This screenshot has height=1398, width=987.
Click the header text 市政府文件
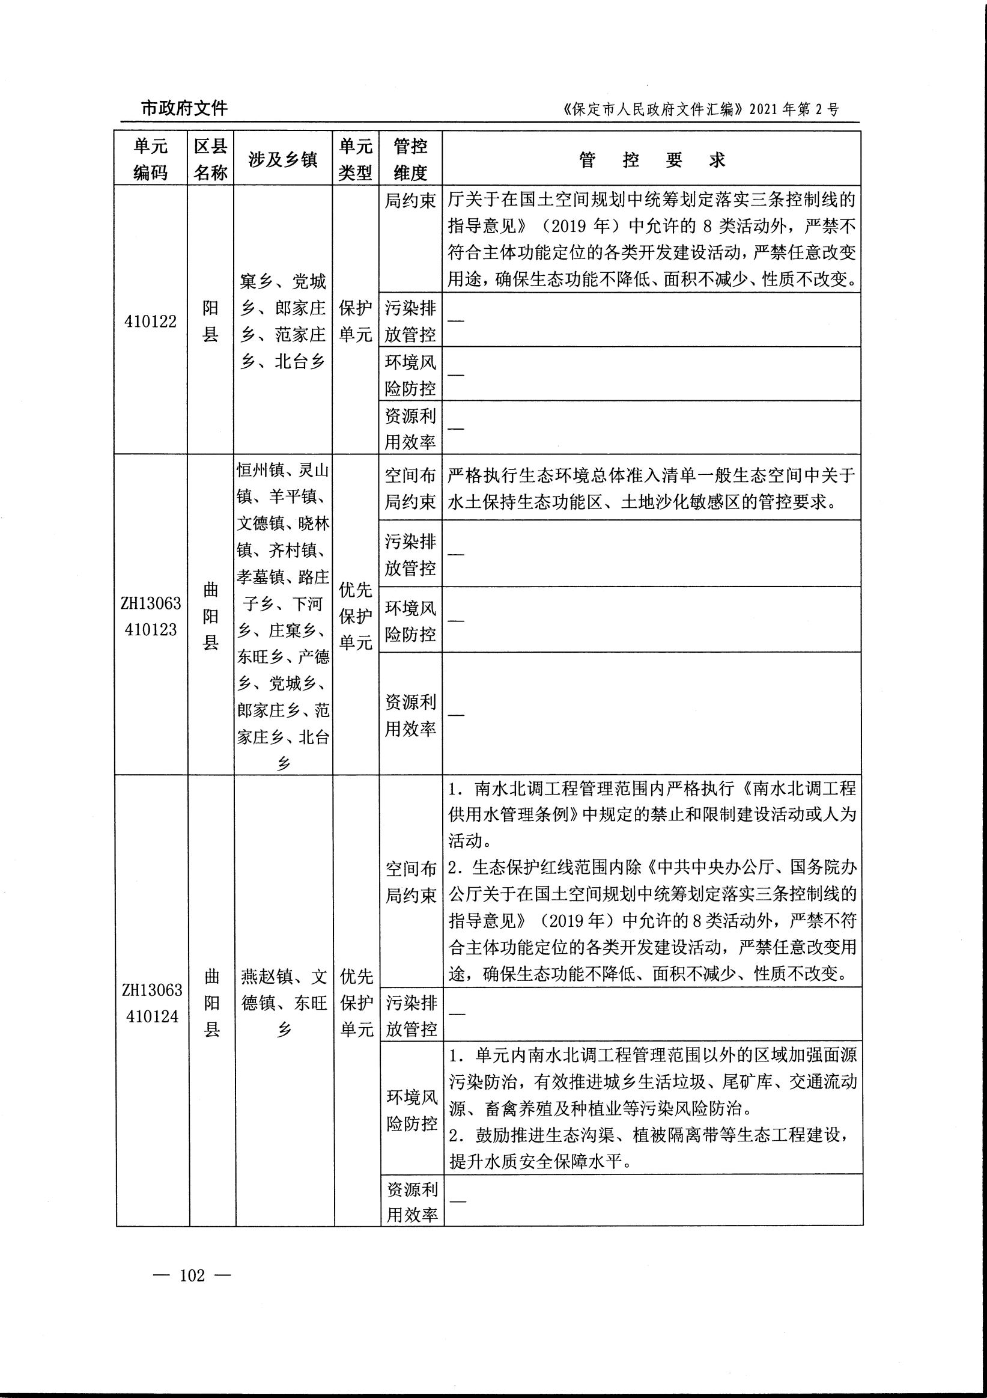[x=184, y=108]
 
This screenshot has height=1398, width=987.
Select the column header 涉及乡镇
[x=283, y=159]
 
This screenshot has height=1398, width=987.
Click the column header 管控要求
[x=652, y=159]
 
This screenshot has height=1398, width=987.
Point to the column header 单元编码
[x=150, y=159]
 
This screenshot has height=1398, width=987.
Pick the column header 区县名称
[x=210, y=159]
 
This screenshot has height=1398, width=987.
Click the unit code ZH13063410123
[x=151, y=615]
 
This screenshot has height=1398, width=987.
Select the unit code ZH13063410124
[x=152, y=1003]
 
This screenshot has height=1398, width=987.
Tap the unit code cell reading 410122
[x=150, y=321]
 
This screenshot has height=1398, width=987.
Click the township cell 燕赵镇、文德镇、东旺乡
[x=284, y=1003]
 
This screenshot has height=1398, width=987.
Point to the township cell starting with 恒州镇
[x=283, y=615]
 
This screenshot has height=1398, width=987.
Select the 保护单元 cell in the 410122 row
[x=356, y=321]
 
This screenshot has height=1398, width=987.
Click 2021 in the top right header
[x=763, y=109]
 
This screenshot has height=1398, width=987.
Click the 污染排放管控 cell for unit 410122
[x=410, y=321]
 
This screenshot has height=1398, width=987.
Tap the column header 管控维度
[x=410, y=159]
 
